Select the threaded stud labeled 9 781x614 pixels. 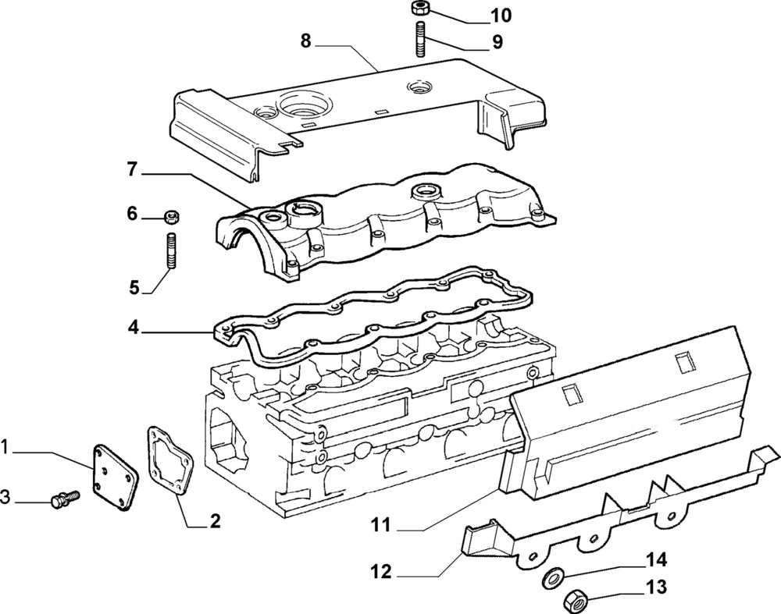click(419, 40)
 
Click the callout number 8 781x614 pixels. click(305, 41)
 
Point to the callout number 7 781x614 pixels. click(132, 169)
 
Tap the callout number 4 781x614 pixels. click(134, 328)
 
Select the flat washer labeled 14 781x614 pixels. click(554, 578)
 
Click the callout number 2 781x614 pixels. click(215, 521)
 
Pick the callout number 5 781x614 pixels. click(134, 288)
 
